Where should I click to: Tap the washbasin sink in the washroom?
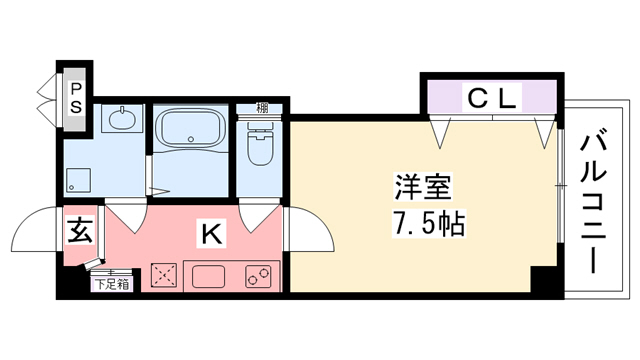pyautogui.click(x=121, y=121)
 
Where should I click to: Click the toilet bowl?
pyautogui.click(x=260, y=147)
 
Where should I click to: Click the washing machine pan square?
pyautogui.click(x=78, y=181)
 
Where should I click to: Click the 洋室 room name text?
pyautogui.click(x=422, y=186)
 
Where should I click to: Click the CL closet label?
pyautogui.click(x=491, y=98)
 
